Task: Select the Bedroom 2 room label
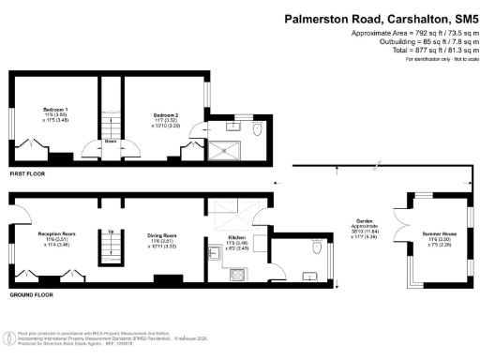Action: [x=167, y=114]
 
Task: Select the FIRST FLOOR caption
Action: [x=28, y=174]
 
